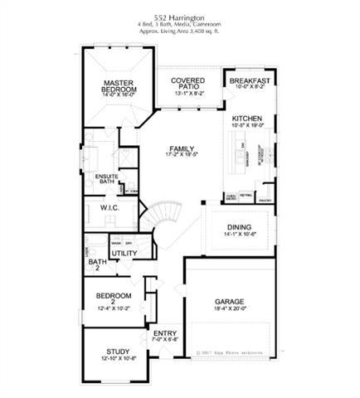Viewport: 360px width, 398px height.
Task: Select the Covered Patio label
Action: pos(188,84)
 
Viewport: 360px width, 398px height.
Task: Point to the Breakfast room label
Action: pos(250,80)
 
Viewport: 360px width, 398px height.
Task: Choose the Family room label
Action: pos(181,149)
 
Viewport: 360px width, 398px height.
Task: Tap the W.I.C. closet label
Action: pos(111,208)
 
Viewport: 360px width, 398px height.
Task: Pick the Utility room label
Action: pos(124,253)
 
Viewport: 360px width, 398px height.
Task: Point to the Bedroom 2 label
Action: pos(114,296)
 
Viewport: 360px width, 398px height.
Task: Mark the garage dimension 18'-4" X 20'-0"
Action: pos(230,311)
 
